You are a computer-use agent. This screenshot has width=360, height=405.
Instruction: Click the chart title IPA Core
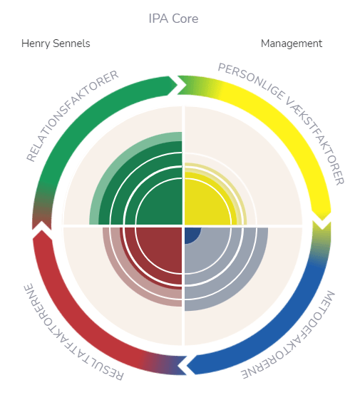click(x=173, y=19)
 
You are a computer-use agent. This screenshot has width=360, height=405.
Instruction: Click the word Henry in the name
click(x=36, y=43)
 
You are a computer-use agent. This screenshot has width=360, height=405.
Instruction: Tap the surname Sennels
click(x=71, y=43)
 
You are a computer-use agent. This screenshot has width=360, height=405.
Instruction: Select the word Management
click(x=292, y=43)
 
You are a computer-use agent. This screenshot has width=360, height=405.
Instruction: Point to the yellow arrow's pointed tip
click(x=322, y=220)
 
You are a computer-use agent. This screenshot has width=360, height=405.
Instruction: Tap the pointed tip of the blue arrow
click(x=187, y=366)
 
